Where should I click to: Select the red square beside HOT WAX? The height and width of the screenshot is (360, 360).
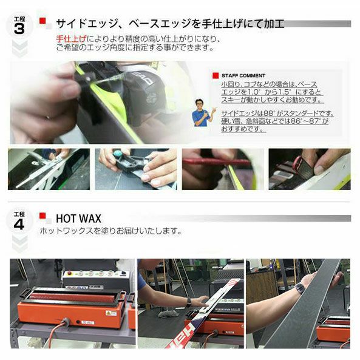coord(42,216)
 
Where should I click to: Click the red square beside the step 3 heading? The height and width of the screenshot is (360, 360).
coord(42,22)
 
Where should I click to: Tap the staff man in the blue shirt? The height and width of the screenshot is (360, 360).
coord(202,112)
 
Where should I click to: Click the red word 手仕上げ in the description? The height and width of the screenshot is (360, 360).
coord(66,39)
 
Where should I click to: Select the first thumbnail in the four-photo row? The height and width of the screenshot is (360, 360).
coord(49,169)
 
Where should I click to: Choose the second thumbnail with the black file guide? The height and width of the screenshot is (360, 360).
coord(135,169)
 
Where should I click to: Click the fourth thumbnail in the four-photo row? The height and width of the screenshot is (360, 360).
coord(309,169)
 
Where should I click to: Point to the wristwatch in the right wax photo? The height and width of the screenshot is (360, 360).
coord(300,288)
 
